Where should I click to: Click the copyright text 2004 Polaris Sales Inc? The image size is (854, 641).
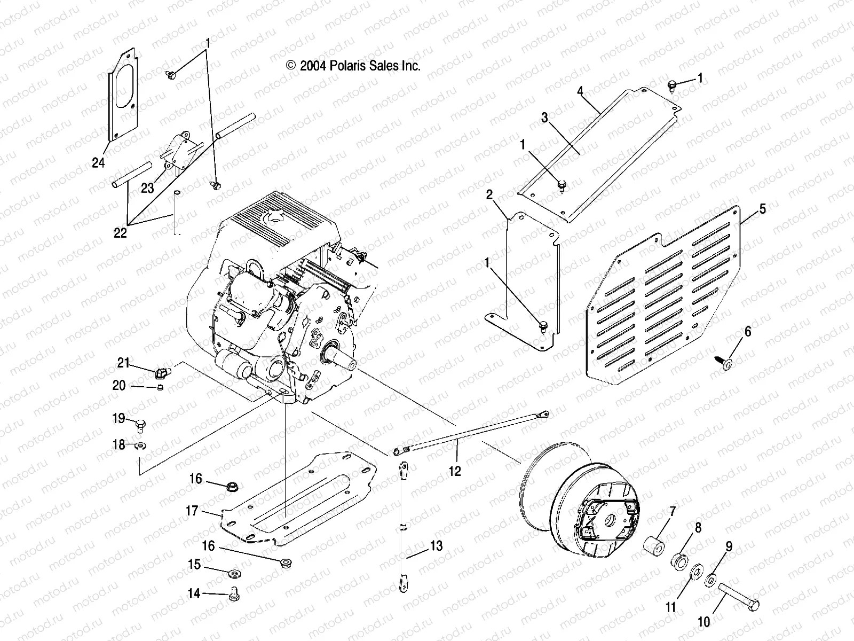coord(353,66)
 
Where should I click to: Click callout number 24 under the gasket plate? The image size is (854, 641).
coord(98,162)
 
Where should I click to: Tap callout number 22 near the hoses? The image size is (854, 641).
coord(121,232)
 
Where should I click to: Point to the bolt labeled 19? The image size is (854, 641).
coord(140,425)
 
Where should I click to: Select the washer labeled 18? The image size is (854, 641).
coord(141,445)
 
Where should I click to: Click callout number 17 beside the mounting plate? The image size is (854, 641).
coord(192,511)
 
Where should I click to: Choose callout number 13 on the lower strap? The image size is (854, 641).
coord(436,546)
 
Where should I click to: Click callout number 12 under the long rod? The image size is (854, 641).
coord(454,471)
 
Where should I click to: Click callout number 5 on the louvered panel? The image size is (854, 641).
coord(762,208)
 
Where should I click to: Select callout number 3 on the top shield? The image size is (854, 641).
coord(544,118)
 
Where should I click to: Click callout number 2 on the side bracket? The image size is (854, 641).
coord(489,195)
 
